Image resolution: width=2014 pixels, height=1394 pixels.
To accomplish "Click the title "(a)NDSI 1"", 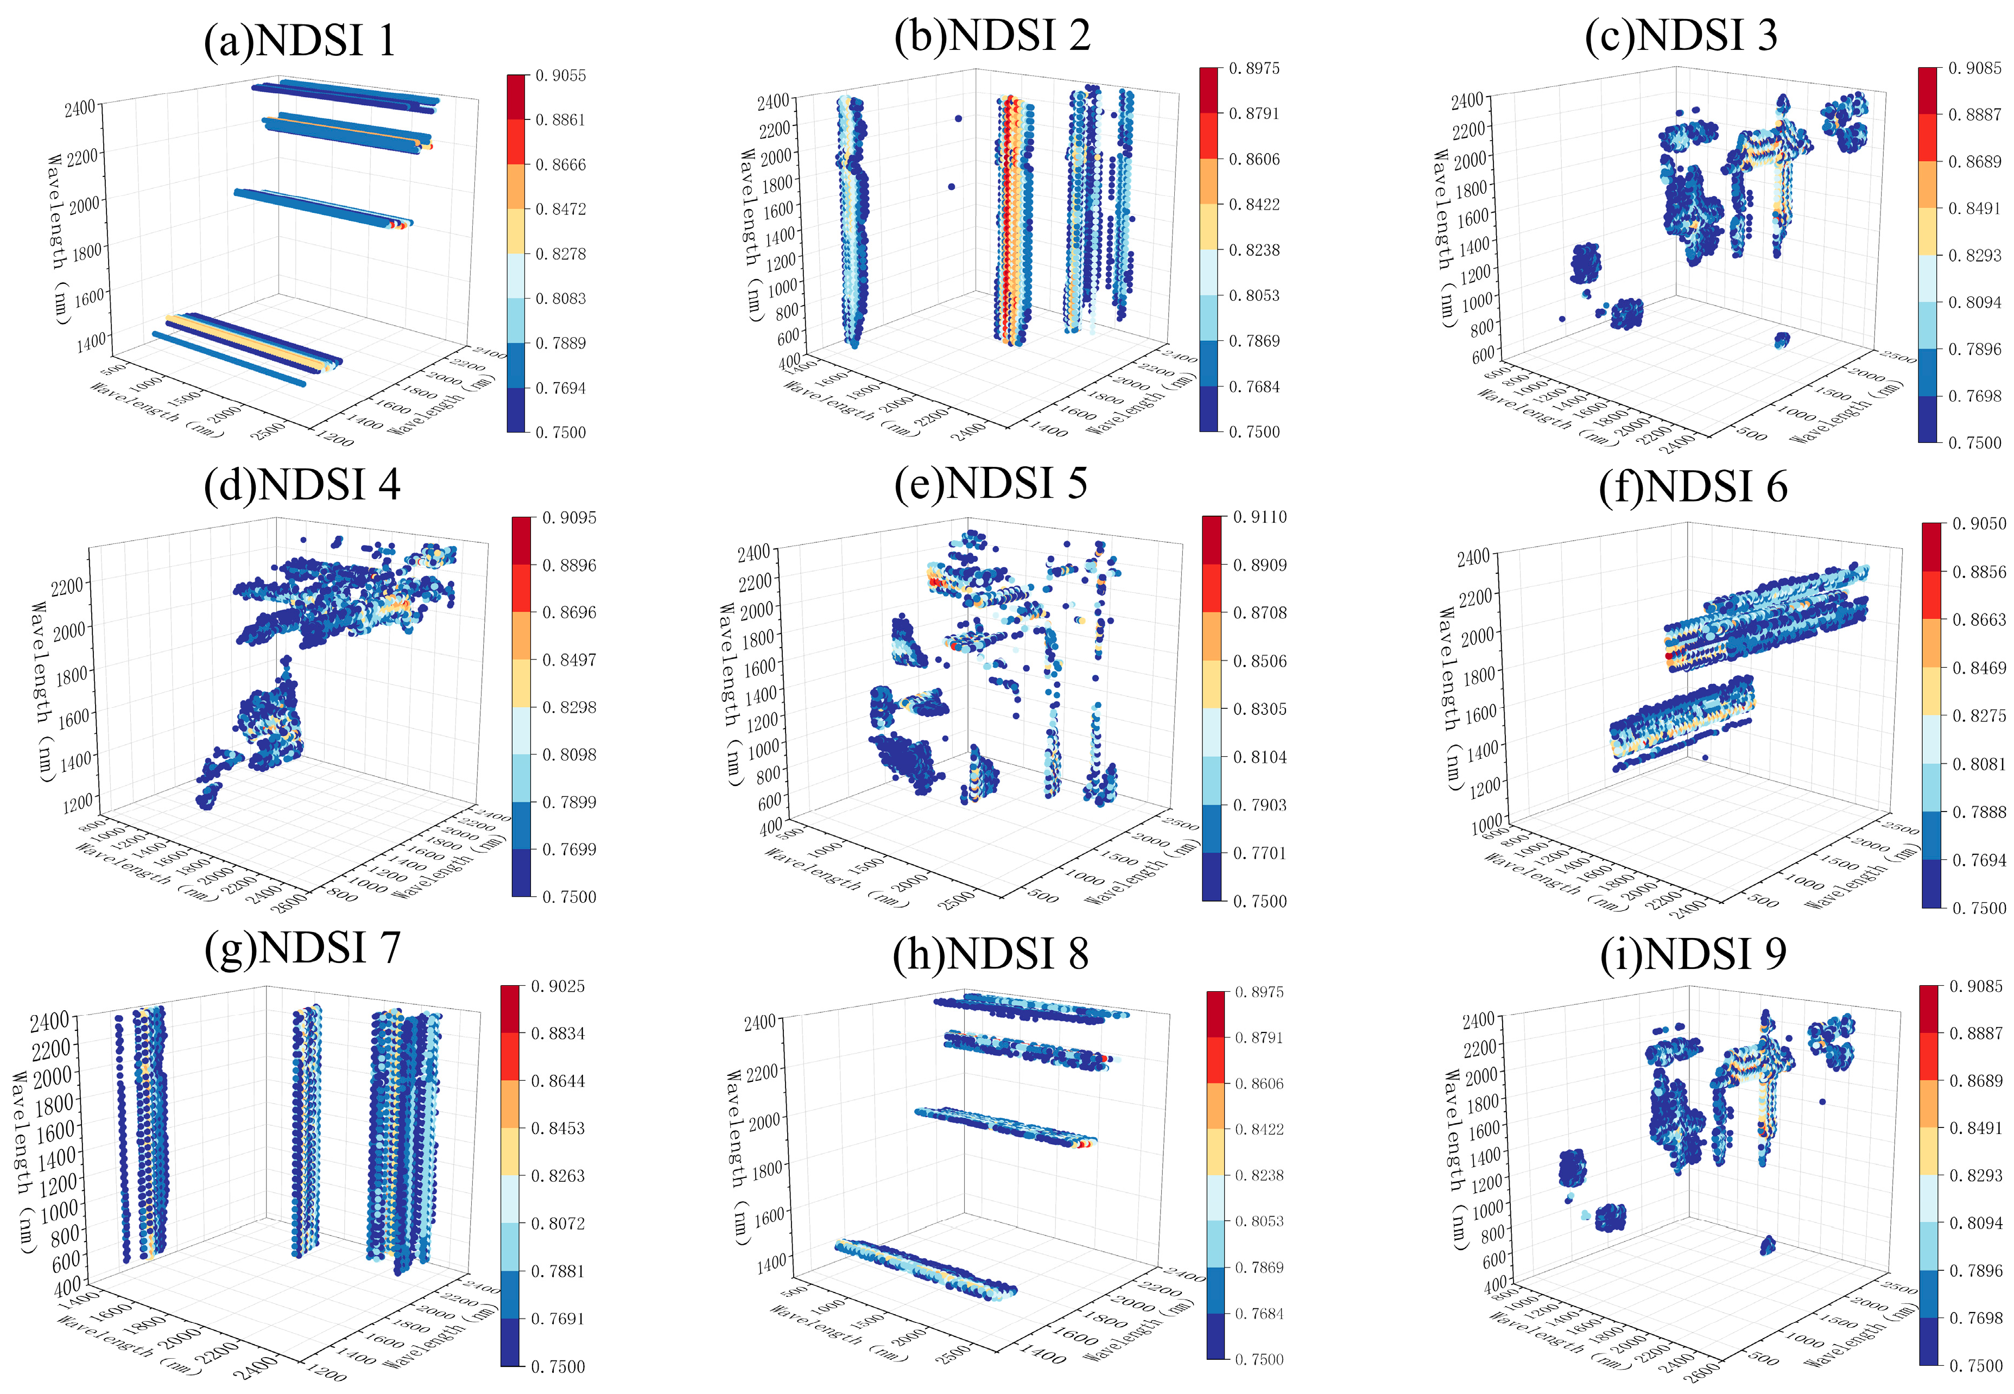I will pos(300,41).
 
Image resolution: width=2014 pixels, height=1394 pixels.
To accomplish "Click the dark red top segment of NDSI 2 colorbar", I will pos(1209,90).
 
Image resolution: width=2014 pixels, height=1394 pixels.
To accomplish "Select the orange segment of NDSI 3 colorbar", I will pos(1928,185).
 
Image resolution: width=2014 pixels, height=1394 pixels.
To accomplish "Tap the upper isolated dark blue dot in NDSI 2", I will pos(958,118).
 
